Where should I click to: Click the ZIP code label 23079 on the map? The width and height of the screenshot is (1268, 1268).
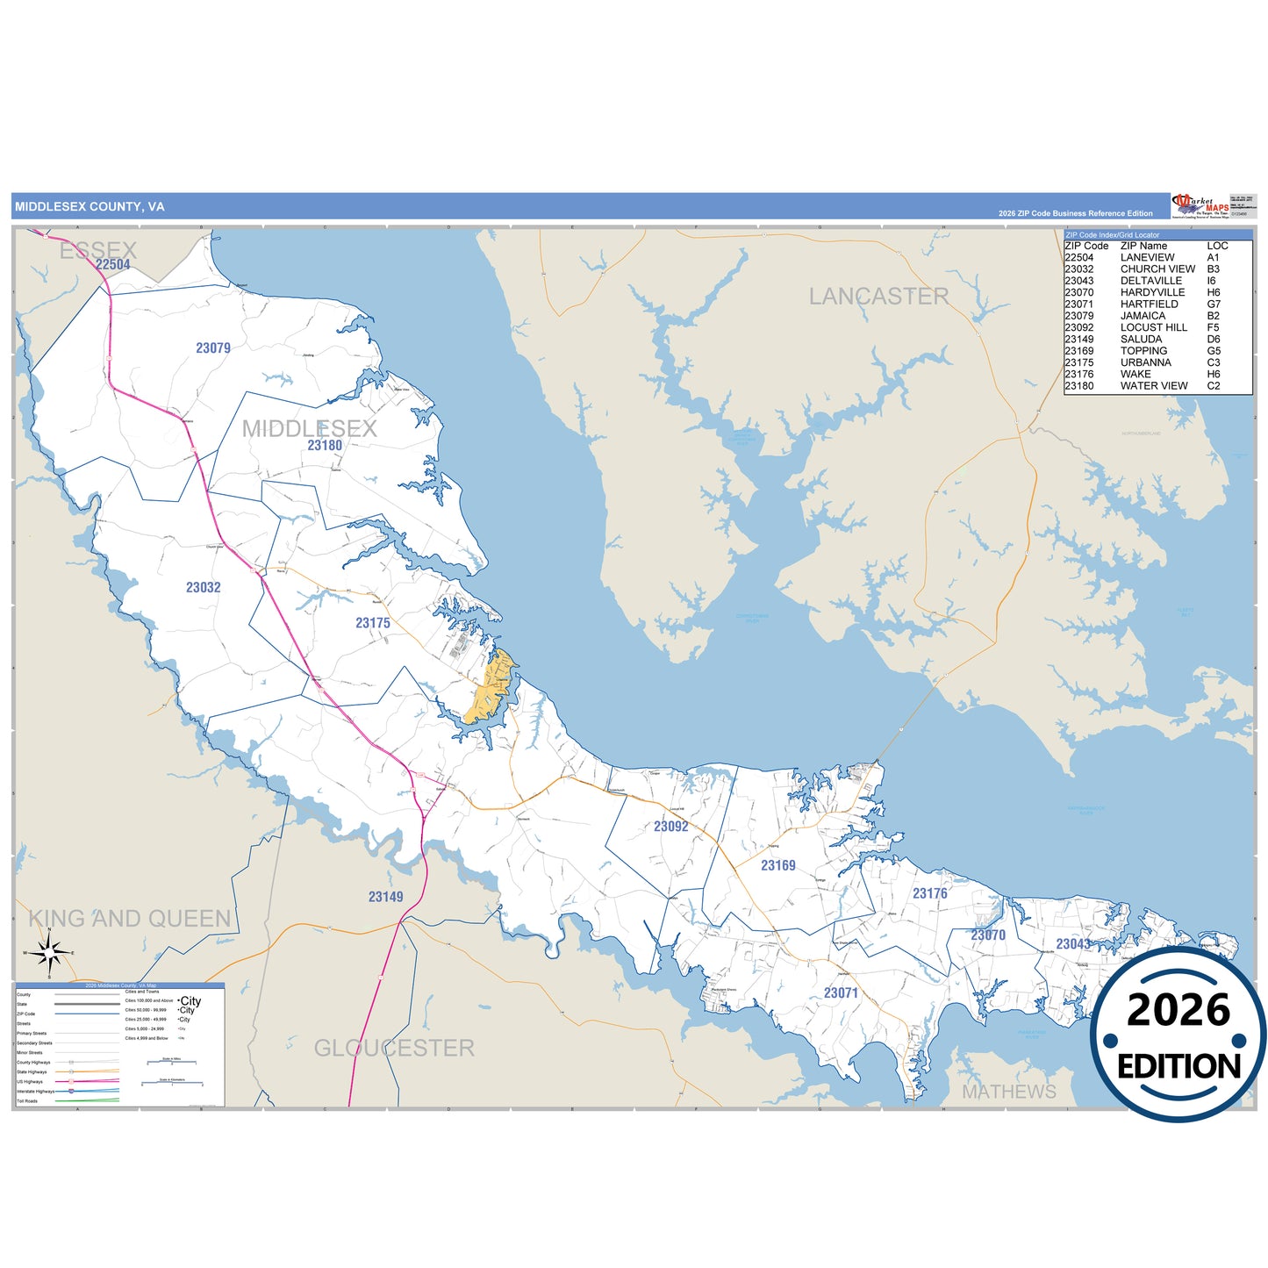[213, 348]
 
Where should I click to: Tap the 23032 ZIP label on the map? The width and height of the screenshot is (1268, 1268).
[203, 588]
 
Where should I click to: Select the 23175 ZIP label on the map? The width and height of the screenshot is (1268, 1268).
[373, 623]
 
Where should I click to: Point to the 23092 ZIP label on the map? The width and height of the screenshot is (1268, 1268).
[671, 827]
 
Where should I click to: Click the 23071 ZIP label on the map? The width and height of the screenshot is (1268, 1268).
[841, 993]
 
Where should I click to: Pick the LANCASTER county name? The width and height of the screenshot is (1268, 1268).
[878, 297]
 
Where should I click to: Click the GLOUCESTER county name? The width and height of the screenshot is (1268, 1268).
[394, 1048]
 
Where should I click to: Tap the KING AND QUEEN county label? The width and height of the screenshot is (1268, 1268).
[130, 919]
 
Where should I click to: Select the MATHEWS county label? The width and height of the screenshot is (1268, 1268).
[1009, 1092]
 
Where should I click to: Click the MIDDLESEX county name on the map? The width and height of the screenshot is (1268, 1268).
[309, 428]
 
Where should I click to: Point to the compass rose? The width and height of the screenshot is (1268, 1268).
[49, 952]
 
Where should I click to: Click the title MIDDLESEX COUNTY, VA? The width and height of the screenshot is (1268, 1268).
[90, 207]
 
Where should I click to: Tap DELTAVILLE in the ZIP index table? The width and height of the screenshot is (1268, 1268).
[1150, 281]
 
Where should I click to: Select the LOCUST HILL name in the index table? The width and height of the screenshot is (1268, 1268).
[1153, 327]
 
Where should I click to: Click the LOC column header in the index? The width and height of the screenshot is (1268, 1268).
[1217, 246]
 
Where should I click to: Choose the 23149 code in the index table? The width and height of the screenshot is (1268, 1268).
[1078, 339]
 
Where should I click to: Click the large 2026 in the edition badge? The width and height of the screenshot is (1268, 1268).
[1178, 1011]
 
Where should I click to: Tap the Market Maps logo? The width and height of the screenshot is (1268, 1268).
[1200, 207]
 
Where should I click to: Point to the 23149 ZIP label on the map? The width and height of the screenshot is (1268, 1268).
[386, 897]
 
